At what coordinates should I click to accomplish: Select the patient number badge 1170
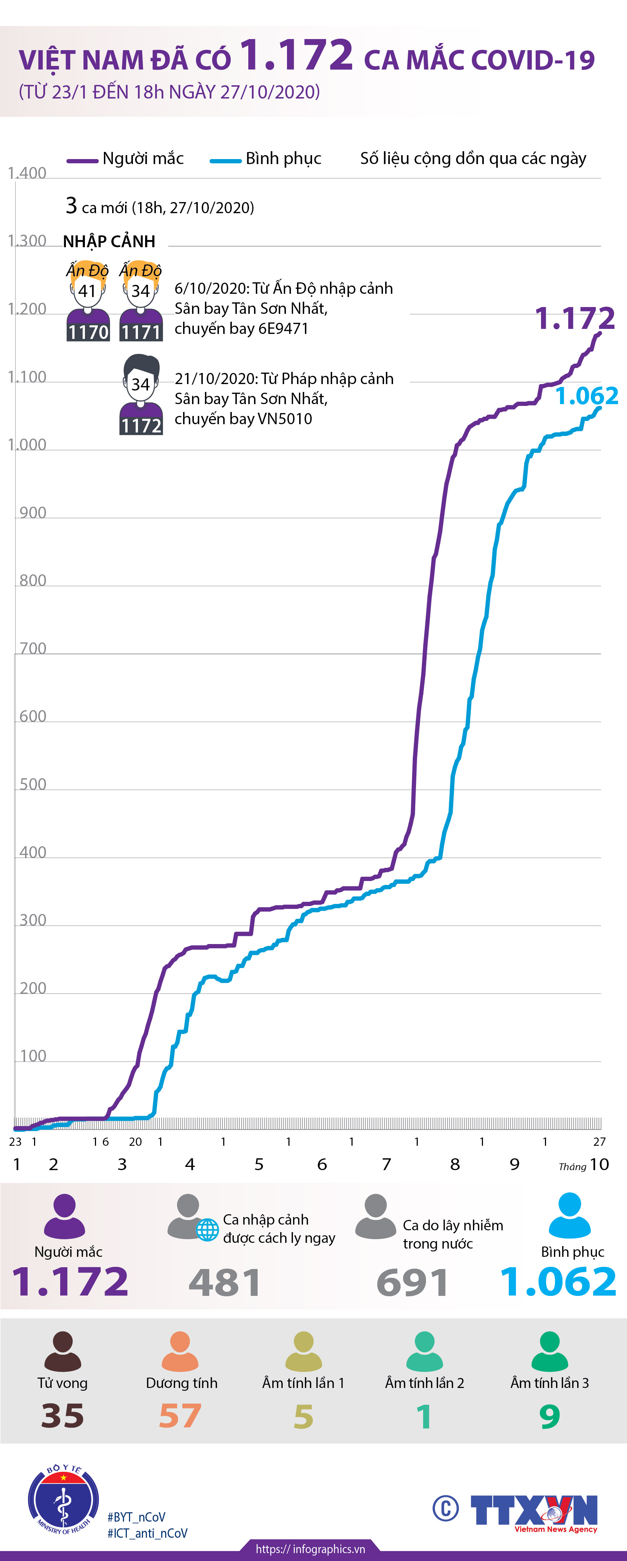click(x=88, y=332)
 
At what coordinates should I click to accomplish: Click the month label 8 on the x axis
click(x=455, y=1164)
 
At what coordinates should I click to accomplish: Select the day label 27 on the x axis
click(x=599, y=1142)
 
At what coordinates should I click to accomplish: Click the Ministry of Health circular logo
click(x=63, y=1497)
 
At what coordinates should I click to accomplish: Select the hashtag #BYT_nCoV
click(x=136, y=1517)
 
